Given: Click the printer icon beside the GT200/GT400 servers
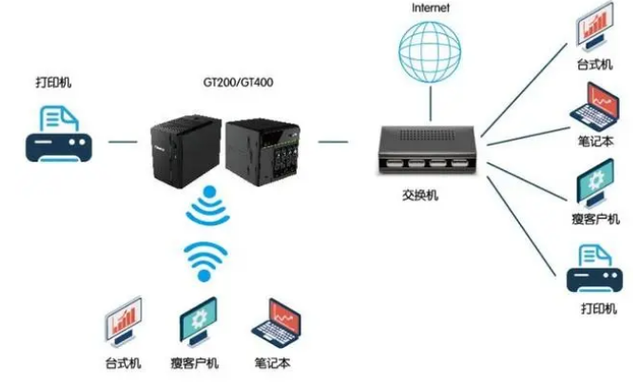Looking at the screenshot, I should [x=57, y=135].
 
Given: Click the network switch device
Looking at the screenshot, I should [x=422, y=151].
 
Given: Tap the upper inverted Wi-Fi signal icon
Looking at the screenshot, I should [x=207, y=207].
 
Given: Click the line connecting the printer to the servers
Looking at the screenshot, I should [x=122, y=142].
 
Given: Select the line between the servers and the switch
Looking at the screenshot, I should [x=332, y=142].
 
